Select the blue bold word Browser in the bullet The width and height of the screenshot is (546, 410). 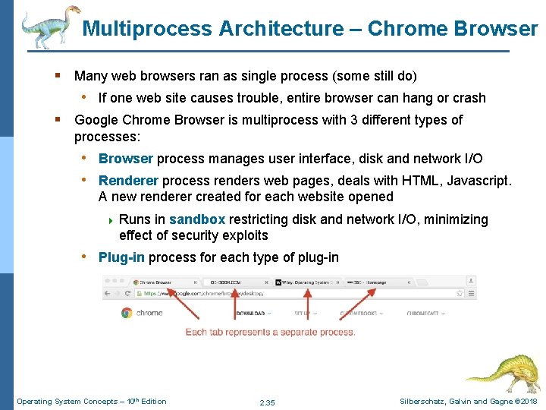126,159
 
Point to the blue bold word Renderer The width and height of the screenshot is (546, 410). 128,181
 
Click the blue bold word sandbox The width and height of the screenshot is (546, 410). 197,219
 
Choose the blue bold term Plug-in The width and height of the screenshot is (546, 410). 121,257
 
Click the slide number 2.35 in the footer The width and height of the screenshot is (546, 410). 267,402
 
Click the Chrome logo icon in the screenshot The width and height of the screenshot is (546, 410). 127,312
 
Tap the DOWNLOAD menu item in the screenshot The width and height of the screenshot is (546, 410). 250,313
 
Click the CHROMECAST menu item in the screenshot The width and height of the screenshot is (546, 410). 425,313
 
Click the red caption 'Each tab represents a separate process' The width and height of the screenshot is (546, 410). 271,332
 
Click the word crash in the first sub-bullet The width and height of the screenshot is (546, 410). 469,98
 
